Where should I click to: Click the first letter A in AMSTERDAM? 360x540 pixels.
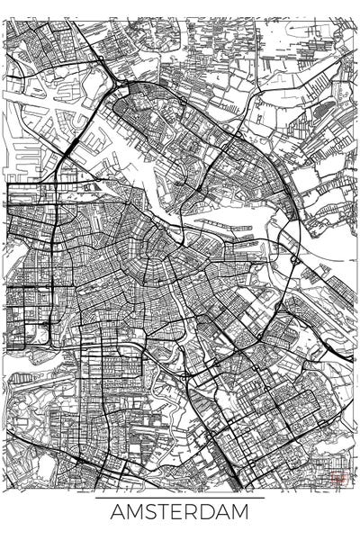(x=118, y=513)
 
